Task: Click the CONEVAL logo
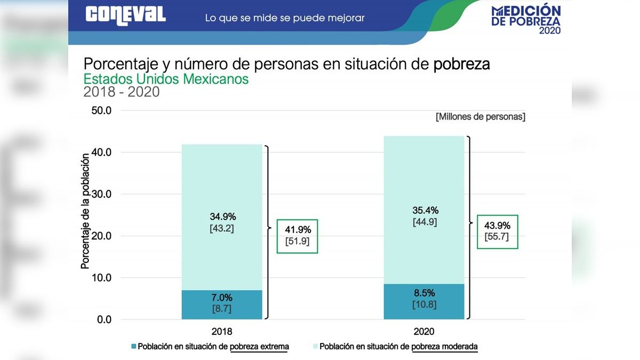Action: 125,14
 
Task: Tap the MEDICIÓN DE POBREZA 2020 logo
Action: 526,20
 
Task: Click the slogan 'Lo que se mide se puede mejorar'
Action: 285,18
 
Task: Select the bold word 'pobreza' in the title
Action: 461,64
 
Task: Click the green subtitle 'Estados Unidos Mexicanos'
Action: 166,79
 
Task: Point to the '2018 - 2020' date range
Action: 122,92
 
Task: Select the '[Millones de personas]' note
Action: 480,116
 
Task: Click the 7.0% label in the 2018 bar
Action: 221,298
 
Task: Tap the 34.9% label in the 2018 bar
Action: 222,217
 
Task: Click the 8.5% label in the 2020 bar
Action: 425,293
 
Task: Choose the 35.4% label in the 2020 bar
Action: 425,210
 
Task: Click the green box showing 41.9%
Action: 297,236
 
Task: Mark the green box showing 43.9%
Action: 497,231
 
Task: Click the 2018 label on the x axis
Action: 222,331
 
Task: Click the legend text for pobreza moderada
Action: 398,347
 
